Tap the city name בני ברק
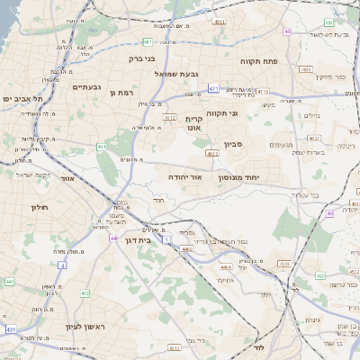142,59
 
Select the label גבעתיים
92,87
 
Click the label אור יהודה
189,178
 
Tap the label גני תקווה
246,113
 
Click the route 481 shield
147,41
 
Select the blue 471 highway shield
213,89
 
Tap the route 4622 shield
212,154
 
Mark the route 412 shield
84,292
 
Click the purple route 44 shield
113,238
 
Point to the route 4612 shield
169,117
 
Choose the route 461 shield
102,147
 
